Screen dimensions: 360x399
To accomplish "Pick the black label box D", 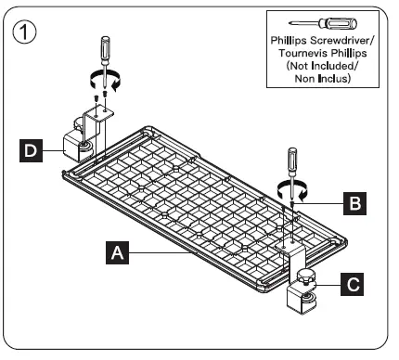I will pos(32,148).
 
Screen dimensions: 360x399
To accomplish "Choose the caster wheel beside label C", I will pos(306,298).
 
